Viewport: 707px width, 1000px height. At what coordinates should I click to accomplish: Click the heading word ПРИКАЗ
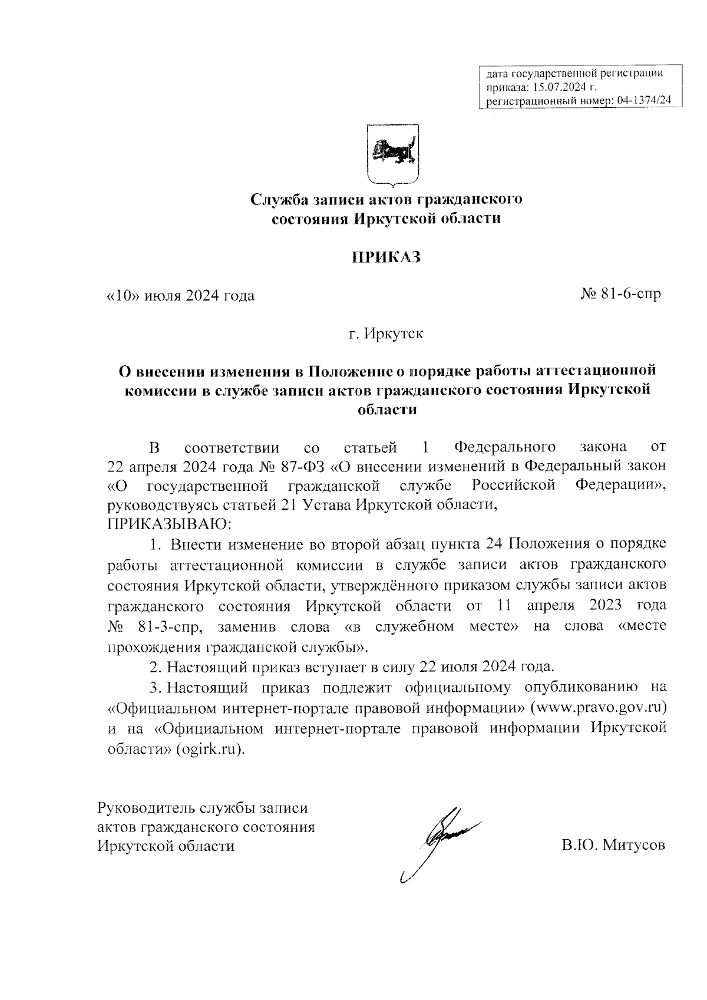386,258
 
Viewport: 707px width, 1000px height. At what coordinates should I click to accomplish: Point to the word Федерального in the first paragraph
506,446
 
